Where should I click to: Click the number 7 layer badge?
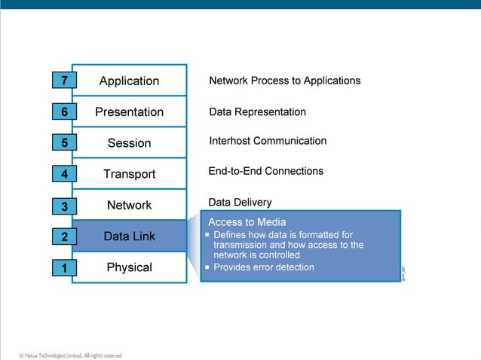pyautogui.click(x=64, y=81)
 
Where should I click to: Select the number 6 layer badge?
pyautogui.click(x=64, y=111)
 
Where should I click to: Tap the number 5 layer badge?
pyautogui.click(x=64, y=142)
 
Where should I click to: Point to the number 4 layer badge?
pyautogui.click(x=64, y=174)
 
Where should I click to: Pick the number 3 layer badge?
pyautogui.click(x=64, y=206)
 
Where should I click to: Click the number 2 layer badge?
pyautogui.click(x=64, y=237)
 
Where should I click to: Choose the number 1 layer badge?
pyautogui.click(x=64, y=268)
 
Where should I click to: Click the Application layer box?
pyautogui.click(x=130, y=81)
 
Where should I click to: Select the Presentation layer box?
pyautogui.click(x=130, y=111)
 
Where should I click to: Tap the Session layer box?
pyautogui.click(x=130, y=143)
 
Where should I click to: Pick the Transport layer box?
pyautogui.click(x=130, y=174)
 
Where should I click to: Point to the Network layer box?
pyautogui.click(x=130, y=205)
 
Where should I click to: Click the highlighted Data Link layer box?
pyautogui.click(x=130, y=236)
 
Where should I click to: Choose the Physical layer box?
pyautogui.click(x=130, y=267)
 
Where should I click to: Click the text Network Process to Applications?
pyautogui.click(x=284, y=81)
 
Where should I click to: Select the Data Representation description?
pyautogui.click(x=257, y=111)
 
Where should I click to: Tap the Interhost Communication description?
pyautogui.click(x=268, y=141)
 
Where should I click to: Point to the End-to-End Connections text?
pyautogui.click(x=265, y=171)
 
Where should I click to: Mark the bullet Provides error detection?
pyautogui.click(x=263, y=267)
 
